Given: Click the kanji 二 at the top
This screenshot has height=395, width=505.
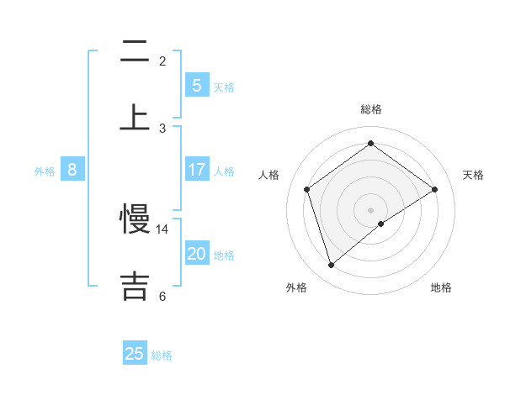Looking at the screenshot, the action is click(135, 52).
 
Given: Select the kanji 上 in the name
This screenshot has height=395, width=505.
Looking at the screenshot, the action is click(135, 117).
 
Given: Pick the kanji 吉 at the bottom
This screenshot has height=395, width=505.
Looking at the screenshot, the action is click(135, 285).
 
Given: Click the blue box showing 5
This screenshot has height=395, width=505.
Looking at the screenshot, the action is click(197, 85).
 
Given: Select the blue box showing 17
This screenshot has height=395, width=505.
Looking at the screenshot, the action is click(197, 170).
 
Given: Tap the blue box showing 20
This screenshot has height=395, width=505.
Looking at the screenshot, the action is click(197, 254).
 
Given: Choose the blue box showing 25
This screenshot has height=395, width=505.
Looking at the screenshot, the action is click(135, 354).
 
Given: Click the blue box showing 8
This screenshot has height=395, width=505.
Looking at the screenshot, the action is click(72, 170).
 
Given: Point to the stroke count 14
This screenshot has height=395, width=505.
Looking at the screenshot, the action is click(162, 229).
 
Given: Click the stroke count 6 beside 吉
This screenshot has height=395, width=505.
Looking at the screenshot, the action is click(162, 296).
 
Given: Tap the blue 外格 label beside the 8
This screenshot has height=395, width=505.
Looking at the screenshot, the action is click(45, 171).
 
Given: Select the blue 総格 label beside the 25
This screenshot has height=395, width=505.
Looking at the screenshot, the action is click(162, 355).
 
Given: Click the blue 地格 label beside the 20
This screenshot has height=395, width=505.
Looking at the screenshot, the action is click(225, 255).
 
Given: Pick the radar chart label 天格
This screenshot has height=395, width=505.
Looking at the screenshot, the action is click(474, 175).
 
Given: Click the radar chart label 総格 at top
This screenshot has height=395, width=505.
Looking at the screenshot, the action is click(370, 109).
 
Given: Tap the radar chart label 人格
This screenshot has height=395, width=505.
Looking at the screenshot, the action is click(269, 175).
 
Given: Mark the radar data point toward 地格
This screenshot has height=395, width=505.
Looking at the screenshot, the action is click(381, 224).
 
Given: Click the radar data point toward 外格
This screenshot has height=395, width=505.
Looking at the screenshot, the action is click(331, 266).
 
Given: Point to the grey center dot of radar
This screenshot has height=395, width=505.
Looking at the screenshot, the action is click(370, 209).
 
